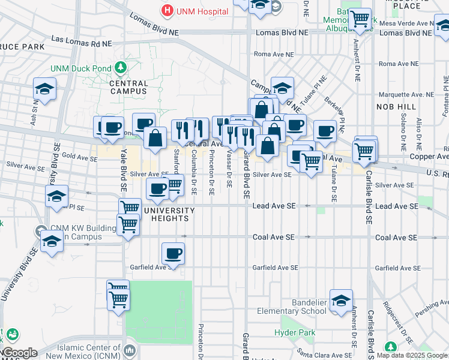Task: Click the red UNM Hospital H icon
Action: pos(166,11)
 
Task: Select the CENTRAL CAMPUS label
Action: pos(129,88)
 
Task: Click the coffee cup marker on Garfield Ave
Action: pos(173,253)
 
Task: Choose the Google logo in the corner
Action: pos(20,353)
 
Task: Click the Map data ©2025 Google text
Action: pos(412,355)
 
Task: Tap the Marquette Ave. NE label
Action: pos(406,95)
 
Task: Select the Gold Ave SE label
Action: pos(79,157)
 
